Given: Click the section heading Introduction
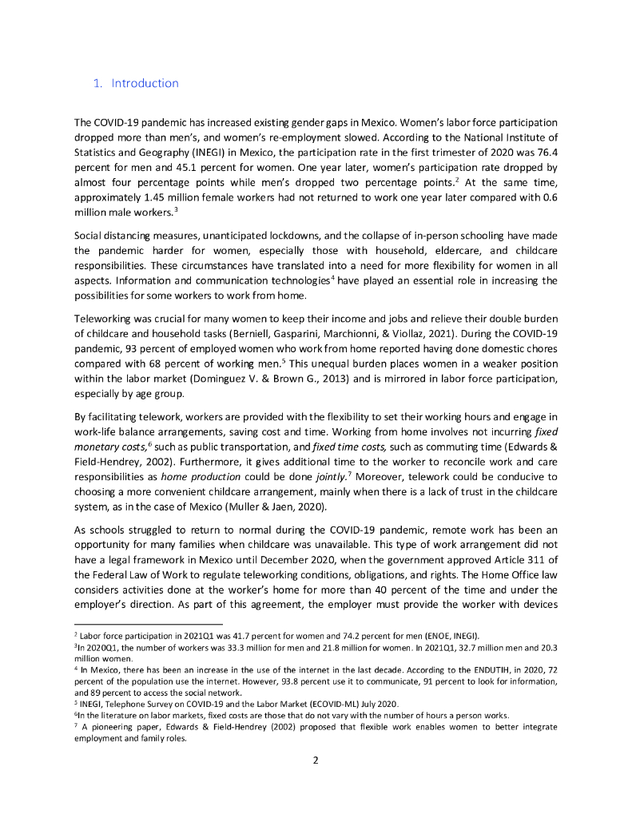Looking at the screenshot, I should [x=145, y=83].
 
